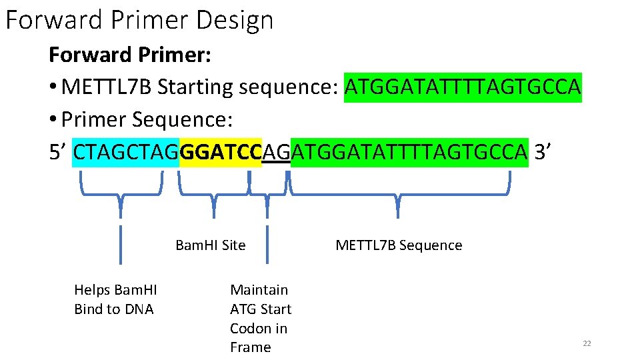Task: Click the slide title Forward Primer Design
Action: pyautogui.click(x=139, y=20)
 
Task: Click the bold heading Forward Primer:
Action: pyautogui.click(x=130, y=55)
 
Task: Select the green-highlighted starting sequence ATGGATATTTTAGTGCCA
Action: pyautogui.click(x=463, y=87)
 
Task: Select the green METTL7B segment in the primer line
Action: pyautogui.click(x=409, y=152)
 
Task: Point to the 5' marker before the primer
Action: pyautogui.click(x=58, y=152)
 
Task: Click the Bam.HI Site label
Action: pyautogui.click(x=210, y=245)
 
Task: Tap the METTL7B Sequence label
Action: pyautogui.click(x=399, y=245)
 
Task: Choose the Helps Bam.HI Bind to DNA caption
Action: pyautogui.click(x=115, y=299)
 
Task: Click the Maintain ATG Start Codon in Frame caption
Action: pyautogui.click(x=260, y=318)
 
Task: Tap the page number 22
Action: pyautogui.click(x=587, y=343)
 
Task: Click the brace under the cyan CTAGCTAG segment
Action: pyautogui.click(x=121, y=193)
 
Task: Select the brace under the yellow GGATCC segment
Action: pyautogui.click(x=213, y=193)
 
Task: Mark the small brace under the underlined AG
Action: pyautogui.click(x=268, y=193)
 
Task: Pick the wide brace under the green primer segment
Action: pyautogui.click(x=399, y=193)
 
